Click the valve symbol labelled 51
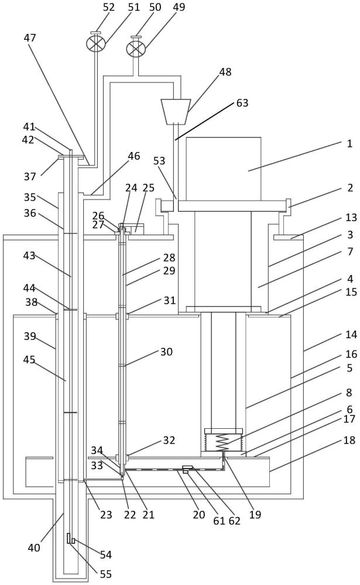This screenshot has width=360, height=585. pyautogui.click(x=95, y=44)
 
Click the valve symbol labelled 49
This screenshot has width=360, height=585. pyautogui.click(x=136, y=48)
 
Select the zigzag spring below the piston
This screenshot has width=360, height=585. pyautogui.click(x=223, y=443)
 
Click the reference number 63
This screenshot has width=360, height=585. pyautogui.click(x=242, y=103)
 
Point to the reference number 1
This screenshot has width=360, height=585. pyautogui.click(x=349, y=143)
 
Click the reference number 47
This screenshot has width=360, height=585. pyautogui.click(x=30, y=38)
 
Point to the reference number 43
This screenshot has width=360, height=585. pyautogui.click(x=30, y=256)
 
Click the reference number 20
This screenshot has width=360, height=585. pyautogui.click(x=199, y=514)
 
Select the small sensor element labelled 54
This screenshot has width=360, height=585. pyautogui.click(x=70, y=538)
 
